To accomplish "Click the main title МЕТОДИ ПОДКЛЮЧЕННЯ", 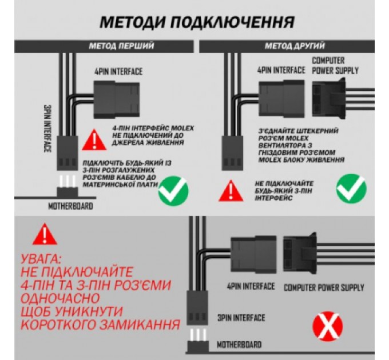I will coord(197,22).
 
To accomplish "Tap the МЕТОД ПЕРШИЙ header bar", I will coord(121,46).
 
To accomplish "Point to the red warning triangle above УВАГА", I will coord(42,234).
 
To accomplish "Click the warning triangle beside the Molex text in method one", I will coord(90,139).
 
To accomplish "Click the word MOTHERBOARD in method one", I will coord(70,206).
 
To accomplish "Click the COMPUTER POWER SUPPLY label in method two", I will coord(335,65).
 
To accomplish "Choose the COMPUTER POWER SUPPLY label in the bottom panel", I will coord(324,287).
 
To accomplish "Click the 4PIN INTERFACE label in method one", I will coord(118,72).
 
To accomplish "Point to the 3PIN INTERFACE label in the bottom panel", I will coord(241,317).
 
